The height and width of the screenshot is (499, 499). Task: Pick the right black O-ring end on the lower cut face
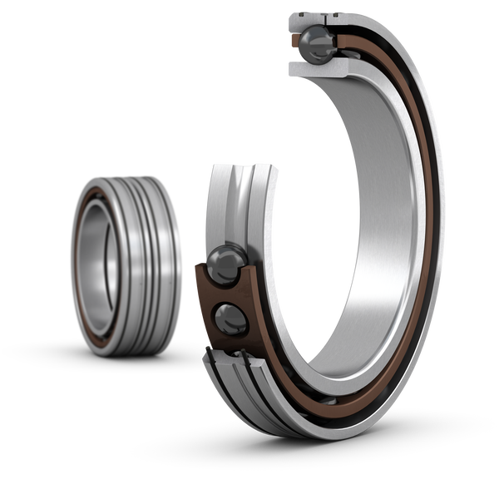coord(249,359)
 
